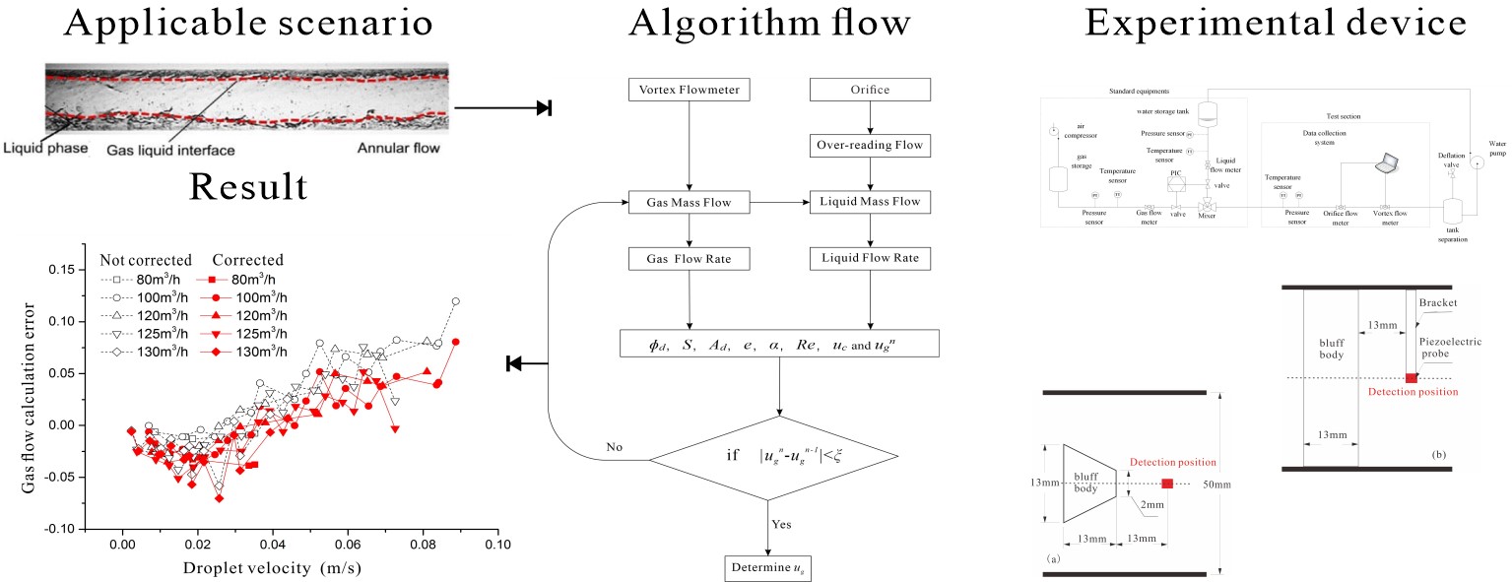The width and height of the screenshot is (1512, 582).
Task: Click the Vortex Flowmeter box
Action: (690, 91)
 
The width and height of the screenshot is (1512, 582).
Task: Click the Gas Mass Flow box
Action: (690, 203)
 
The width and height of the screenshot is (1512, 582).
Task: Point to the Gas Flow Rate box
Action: (690, 259)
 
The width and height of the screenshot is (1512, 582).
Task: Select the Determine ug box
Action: (768, 568)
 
